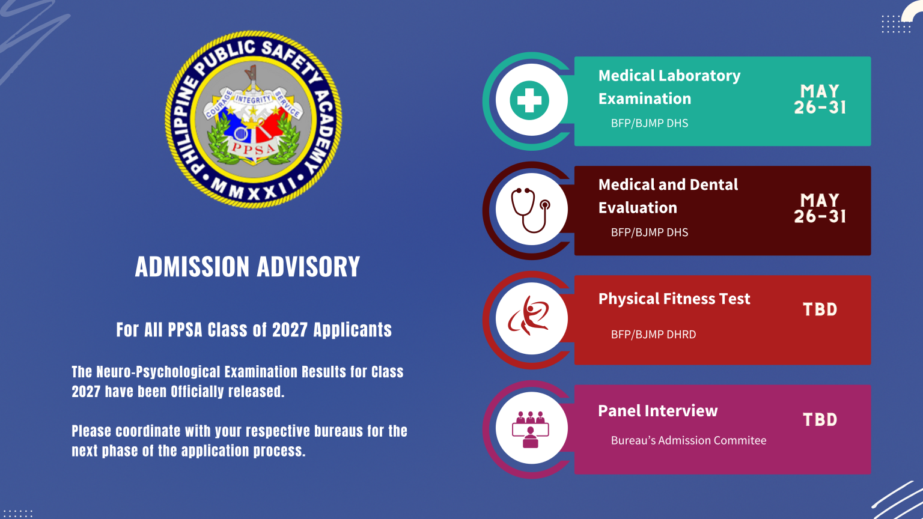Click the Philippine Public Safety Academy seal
coord(253,119)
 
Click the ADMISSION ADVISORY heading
coord(248,267)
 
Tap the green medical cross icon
coord(529,100)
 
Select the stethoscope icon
coord(530,210)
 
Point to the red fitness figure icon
coord(529,316)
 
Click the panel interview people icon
coord(530,429)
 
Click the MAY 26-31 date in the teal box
coord(820,100)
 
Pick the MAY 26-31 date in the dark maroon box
coord(820,209)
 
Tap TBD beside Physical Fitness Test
coord(820,309)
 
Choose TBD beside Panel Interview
coord(820,419)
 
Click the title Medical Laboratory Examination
coord(669,87)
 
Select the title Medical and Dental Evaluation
coord(668,196)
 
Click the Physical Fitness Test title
coord(674,299)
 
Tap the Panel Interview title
coord(657,411)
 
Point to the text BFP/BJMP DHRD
coord(653,335)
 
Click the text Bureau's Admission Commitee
coord(689,440)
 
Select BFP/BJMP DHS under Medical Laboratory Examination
coord(650,123)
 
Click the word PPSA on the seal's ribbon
coord(254,148)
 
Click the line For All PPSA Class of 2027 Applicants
coord(254,330)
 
